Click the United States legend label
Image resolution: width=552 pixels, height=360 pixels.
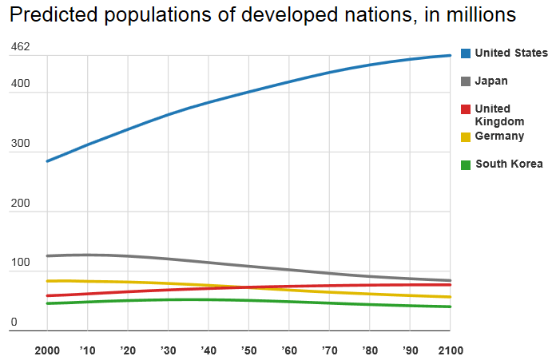pyautogui.click(x=511, y=53)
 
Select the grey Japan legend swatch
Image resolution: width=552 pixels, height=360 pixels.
pyautogui.click(x=466, y=81)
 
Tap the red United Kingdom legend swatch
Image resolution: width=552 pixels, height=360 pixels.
pyautogui.click(x=466, y=109)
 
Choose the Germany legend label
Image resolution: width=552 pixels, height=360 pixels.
pyautogui.click(x=499, y=136)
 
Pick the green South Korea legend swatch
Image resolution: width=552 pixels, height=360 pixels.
pyautogui.click(x=466, y=164)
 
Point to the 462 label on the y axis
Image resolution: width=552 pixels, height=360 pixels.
pyautogui.click(x=20, y=47)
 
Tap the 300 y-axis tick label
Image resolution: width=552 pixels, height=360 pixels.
pyautogui.click(x=20, y=144)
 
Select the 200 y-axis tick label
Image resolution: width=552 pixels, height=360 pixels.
pyautogui.click(x=20, y=204)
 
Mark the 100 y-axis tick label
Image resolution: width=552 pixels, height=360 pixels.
pyautogui.click(x=20, y=264)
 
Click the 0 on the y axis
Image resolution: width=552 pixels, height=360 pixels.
pyautogui.click(x=14, y=323)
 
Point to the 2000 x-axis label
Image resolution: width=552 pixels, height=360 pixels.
pyautogui.click(x=47, y=350)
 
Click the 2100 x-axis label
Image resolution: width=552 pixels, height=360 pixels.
pyautogui.click(x=450, y=350)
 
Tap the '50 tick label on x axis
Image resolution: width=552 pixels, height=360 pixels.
pyautogui.click(x=248, y=350)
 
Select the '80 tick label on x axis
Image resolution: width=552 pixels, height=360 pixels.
pyautogui.click(x=369, y=350)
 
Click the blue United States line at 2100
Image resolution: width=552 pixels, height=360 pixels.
pyautogui.click(x=450, y=55)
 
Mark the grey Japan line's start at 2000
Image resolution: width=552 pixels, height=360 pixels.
pyautogui.click(x=47, y=256)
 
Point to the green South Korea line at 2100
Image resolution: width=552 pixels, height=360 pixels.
pyautogui.click(x=450, y=307)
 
